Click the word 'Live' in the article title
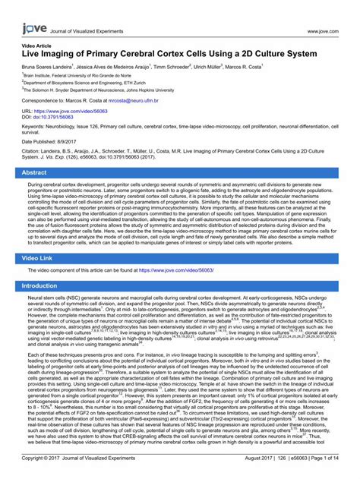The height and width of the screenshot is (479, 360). [34, 55]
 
